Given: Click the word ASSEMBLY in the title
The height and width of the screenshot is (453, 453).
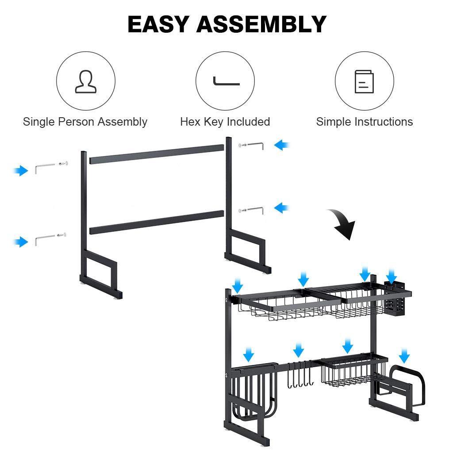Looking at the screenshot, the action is click(261, 24).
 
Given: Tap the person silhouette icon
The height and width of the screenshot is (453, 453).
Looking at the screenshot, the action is click(86, 81).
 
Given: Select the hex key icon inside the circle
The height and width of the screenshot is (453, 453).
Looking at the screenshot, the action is click(226, 82).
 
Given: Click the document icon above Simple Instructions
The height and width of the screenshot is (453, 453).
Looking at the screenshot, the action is click(364, 81).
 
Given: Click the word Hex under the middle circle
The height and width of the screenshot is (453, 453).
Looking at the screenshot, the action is click(190, 122).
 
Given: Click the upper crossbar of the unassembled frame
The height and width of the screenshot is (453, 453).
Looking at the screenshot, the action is click(157, 154).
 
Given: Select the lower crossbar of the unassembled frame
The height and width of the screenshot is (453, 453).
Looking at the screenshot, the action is click(157, 222).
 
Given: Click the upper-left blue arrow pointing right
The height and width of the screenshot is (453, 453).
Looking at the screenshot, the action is click(21, 170).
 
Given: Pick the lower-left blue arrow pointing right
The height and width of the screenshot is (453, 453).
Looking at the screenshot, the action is click(21, 242).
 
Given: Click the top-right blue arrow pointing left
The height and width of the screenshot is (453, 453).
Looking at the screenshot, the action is click(281, 145).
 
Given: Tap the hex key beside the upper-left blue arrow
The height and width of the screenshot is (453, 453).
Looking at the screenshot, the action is click(44, 168).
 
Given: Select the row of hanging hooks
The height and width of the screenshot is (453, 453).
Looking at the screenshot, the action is click(299, 374).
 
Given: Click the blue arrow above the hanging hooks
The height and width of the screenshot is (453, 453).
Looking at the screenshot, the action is click(299, 350).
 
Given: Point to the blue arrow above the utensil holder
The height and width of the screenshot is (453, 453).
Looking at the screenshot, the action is click(391, 276).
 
